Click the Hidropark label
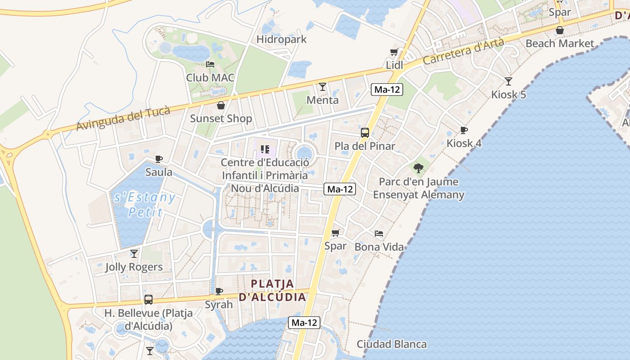coord(281,40)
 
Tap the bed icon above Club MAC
coord(210,65)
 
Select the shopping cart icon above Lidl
coord(394,52)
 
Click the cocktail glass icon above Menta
coord(322,86)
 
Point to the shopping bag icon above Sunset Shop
coord(221,106)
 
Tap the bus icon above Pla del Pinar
coord(365,133)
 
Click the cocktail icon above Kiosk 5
coord(508,81)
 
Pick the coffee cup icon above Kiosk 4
coord(464,130)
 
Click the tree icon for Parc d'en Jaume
coord(418,168)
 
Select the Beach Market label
coord(560,44)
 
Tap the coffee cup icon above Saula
coord(159,159)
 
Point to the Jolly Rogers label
coord(134,267)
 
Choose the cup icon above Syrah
coord(219,291)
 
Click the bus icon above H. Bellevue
coord(148,299)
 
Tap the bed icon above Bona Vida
coord(379,234)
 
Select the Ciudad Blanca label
coord(391,344)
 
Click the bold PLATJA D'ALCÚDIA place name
coord(272,290)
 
